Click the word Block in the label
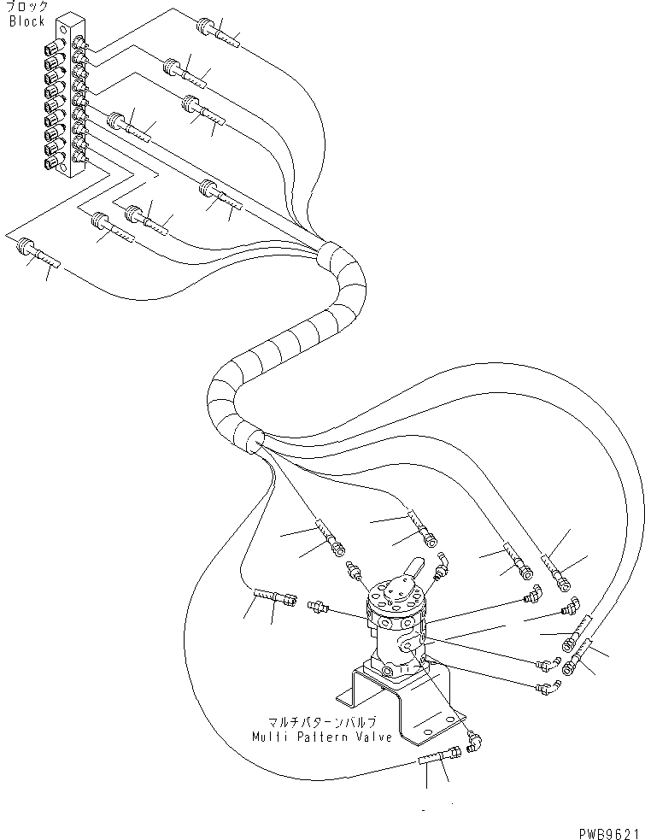click(26, 21)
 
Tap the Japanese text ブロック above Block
click(27, 8)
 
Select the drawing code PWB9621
click(607, 831)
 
